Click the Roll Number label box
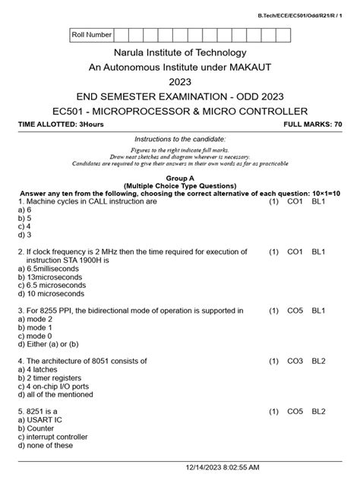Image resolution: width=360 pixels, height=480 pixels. coord(91,35)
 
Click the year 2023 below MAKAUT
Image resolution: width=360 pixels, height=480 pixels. coord(180,82)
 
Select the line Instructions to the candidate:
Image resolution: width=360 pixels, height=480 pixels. coord(180,140)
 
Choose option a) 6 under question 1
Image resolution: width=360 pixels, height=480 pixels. coord(25,209)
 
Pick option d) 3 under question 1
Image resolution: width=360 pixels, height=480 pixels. coord(25,234)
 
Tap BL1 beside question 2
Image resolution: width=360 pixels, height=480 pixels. coord(319,251)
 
